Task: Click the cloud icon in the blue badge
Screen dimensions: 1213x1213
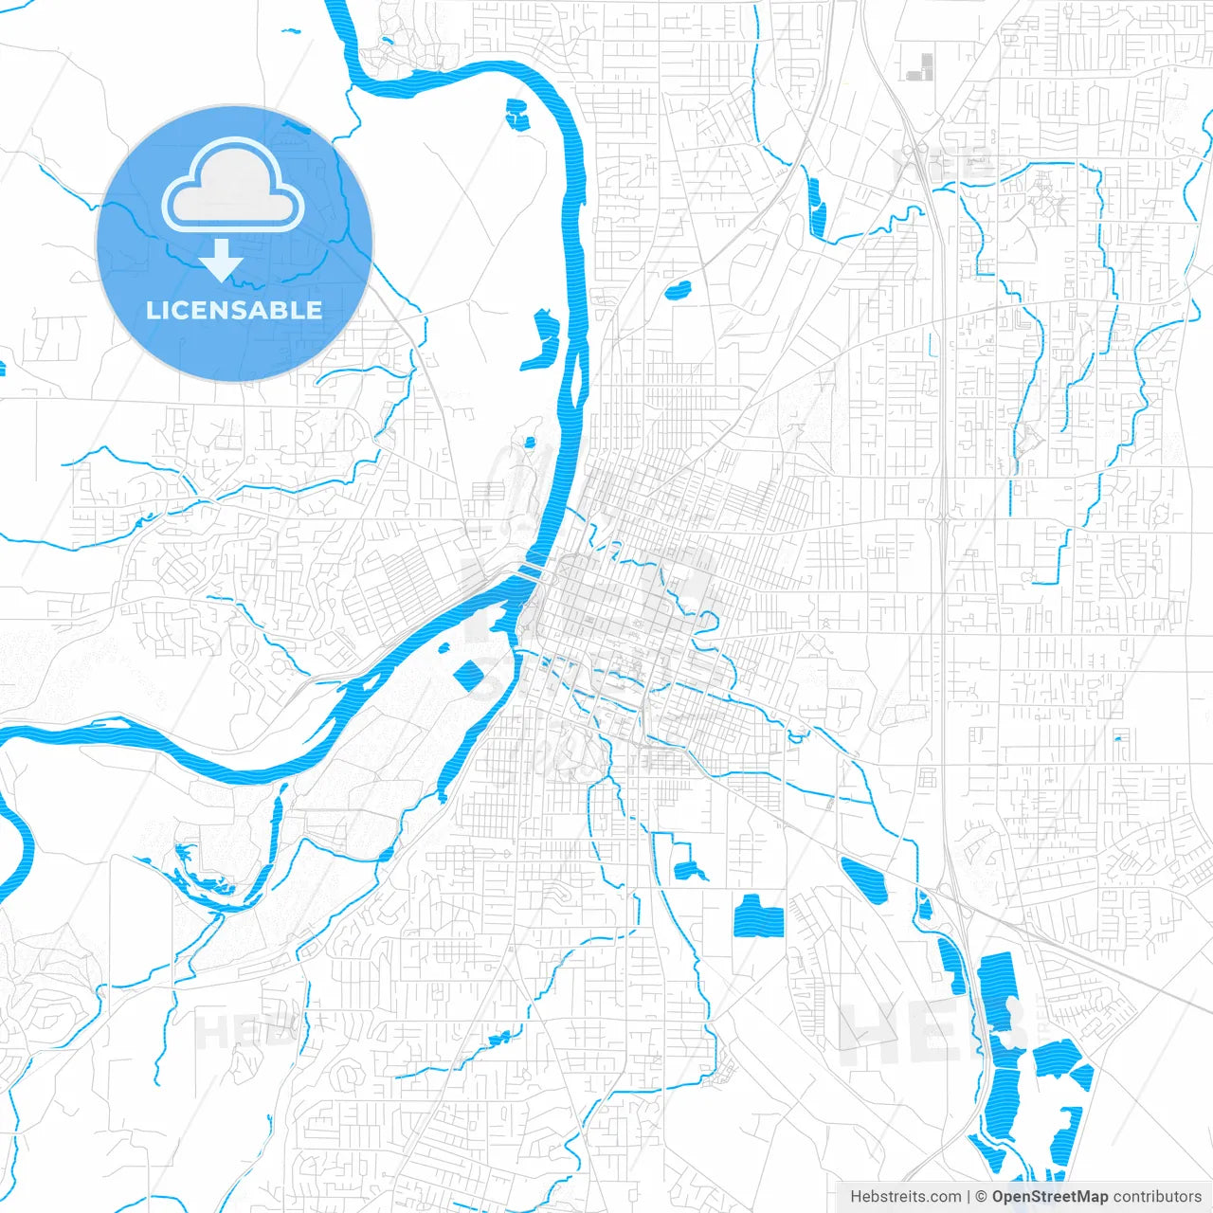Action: pyautogui.click(x=233, y=187)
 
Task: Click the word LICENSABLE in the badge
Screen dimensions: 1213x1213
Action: pyautogui.click(x=234, y=310)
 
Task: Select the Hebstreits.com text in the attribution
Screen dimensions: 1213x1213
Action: pyautogui.click(x=905, y=1197)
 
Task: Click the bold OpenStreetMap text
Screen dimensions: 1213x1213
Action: pyautogui.click(x=1049, y=1197)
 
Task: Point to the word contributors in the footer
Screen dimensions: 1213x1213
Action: pyautogui.click(x=1157, y=1197)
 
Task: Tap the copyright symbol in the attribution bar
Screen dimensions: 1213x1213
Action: pyautogui.click(x=981, y=1197)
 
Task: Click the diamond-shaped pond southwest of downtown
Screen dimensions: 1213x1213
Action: pyautogui.click(x=469, y=676)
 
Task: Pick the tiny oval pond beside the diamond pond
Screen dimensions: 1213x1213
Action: pyautogui.click(x=444, y=649)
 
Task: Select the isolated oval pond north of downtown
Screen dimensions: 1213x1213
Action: pyautogui.click(x=678, y=290)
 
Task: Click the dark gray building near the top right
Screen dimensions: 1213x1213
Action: pyautogui.click(x=921, y=67)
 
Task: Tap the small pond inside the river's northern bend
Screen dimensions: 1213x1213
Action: pyautogui.click(x=516, y=114)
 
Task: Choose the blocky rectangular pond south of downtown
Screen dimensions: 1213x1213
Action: pyautogui.click(x=758, y=916)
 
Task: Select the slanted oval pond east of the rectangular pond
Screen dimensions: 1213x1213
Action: pyautogui.click(x=863, y=879)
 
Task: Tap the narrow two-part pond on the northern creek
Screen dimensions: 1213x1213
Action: pyautogui.click(x=816, y=207)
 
